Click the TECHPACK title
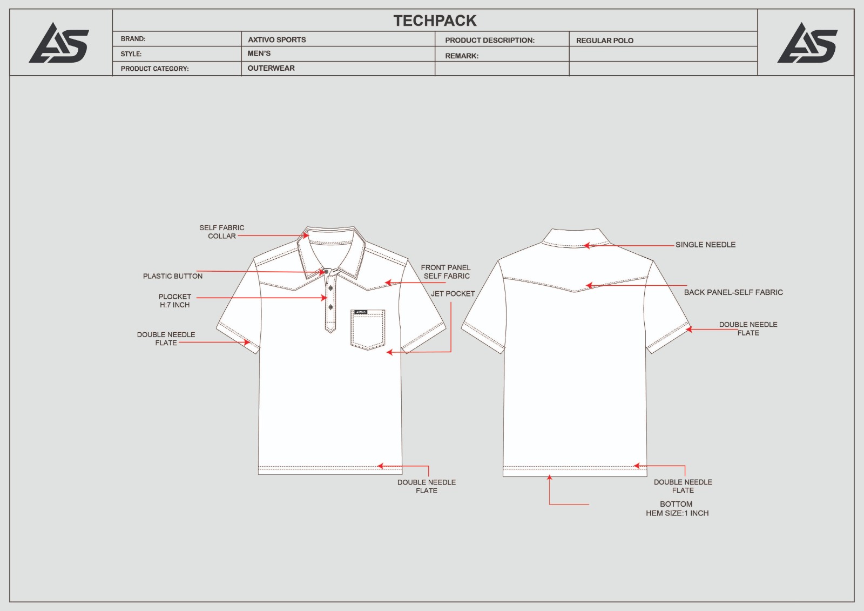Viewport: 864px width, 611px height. pos(435,21)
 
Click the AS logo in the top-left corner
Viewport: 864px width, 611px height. pos(59,43)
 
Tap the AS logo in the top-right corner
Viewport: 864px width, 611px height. pos(807,43)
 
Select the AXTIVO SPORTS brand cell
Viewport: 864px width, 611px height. pos(276,40)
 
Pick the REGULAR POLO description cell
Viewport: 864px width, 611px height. pos(604,41)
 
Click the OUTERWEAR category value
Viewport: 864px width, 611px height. pos(271,68)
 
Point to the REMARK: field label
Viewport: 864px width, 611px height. pos(462,56)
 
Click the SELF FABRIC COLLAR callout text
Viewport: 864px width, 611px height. pos(222,232)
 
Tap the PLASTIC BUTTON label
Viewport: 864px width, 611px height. pos(173,277)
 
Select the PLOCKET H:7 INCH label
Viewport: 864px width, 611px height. pos(175,301)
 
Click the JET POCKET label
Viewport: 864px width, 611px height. pos(453,294)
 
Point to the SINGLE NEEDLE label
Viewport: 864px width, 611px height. pos(705,245)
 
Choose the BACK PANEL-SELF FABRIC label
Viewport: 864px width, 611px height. pos(733,293)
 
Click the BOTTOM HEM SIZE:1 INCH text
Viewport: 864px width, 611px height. pos(677,509)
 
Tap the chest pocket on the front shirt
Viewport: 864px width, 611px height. pos(368,330)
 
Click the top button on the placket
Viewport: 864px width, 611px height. pos(326,272)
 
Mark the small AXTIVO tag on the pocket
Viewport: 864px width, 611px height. pos(361,312)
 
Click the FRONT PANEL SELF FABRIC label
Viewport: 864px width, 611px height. pos(446,272)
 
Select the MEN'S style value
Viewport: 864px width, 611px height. pos(259,53)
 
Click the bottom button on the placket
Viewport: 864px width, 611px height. pos(330,307)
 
